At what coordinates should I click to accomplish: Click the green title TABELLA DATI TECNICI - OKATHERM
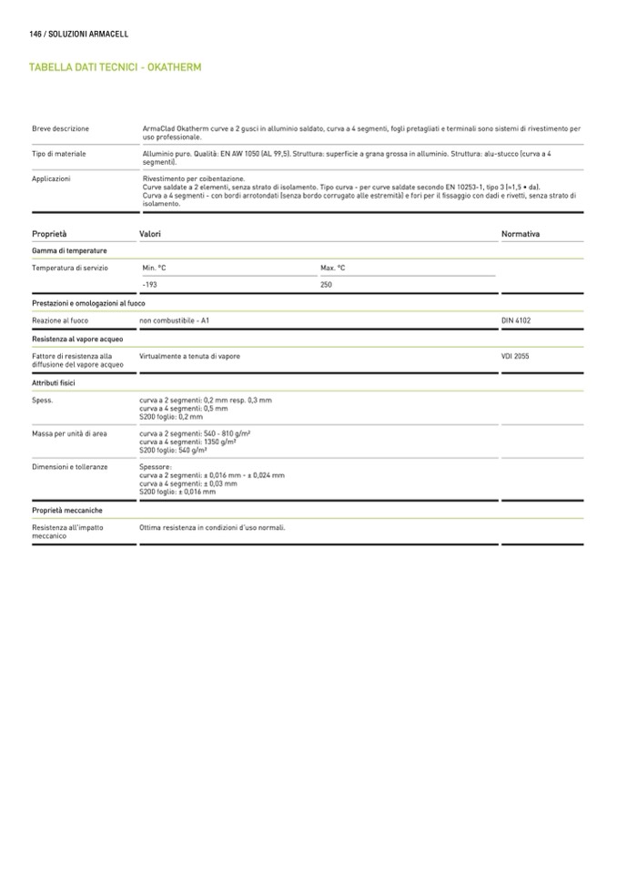(115, 67)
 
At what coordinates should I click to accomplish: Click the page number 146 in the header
(37, 34)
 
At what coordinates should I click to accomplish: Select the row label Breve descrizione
(60, 129)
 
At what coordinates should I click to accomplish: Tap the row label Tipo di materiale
(58, 155)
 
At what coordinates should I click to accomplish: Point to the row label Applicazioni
(51, 179)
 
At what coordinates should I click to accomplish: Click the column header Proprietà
(49, 234)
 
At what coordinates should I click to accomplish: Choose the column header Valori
(150, 234)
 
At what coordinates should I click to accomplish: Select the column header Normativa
(521, 234)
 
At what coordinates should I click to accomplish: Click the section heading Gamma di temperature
(69, 250)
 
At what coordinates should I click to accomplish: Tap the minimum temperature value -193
(150, 285)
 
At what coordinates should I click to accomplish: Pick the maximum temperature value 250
(327, 285)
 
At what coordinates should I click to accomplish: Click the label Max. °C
(333, 269)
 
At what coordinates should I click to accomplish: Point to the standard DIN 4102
(516, 321)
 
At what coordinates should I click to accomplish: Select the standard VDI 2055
(515, 357)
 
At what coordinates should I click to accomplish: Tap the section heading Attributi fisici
(54, 383)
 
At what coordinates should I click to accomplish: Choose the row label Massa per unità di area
(69, 434)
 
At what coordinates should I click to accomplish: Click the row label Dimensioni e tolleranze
(70, 467)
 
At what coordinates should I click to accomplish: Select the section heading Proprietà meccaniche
(67, 511)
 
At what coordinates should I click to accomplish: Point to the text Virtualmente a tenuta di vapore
(190, 357)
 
